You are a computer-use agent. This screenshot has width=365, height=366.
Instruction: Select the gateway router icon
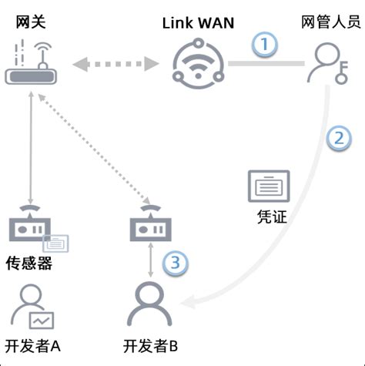click(x=28, y=65)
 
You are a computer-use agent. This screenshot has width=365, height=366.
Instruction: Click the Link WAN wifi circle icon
click(x=196, y=65)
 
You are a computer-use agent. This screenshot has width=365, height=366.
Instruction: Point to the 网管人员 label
click(x=330, y=22)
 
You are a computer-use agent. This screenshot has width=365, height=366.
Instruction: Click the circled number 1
click(x=265, y=45)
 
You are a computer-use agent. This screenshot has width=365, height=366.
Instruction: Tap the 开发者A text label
click(x=32, y=344)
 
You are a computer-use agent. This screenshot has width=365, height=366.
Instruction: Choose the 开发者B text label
click(x=150, y=344)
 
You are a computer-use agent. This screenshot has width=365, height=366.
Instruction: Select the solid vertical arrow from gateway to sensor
click(x=30, y=146)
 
